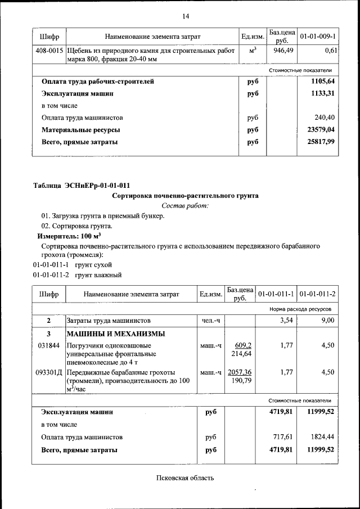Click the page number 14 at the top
[x=185, y=15]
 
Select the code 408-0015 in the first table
[x=49, y=51]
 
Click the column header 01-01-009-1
[x=318, y=37]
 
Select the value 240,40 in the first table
[x=325, y=118]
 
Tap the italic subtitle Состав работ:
[x=185, y=206]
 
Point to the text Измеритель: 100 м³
[x=70, y=236]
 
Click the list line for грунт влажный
[x=76, y=275]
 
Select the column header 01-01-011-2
[x=318, y=294]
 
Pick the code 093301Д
[x=49, y=372]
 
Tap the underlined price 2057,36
[x=240, y=372]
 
